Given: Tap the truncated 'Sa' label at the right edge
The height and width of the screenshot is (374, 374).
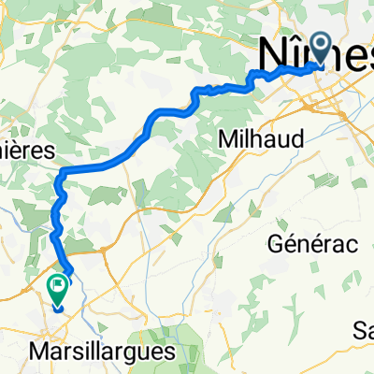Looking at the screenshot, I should click(x=362, y=329).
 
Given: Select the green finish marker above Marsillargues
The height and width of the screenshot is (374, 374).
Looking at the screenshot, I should click(x=58, y=292).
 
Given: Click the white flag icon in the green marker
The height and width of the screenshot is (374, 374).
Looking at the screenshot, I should click(x=58, y=287).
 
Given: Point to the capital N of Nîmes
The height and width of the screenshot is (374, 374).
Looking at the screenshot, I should click(x=274, y=54).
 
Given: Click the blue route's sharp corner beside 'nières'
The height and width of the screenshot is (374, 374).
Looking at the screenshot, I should click(x=60, y=173).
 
